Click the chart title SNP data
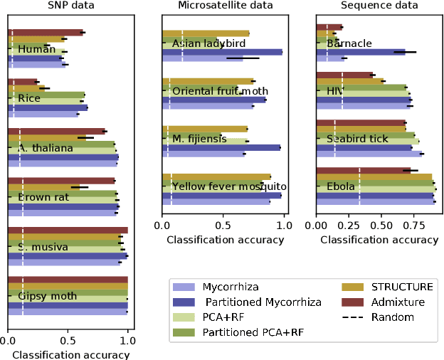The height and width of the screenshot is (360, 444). point(68,6)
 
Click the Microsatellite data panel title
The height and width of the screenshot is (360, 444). point(223,6)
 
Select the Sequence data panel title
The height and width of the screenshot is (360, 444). point(379,6)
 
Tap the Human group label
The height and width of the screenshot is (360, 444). point(32,49)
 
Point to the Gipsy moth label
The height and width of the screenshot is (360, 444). point(42,295)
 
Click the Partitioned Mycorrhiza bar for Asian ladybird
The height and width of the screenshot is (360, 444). point(222,52)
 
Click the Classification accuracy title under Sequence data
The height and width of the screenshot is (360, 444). point(379,240)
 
